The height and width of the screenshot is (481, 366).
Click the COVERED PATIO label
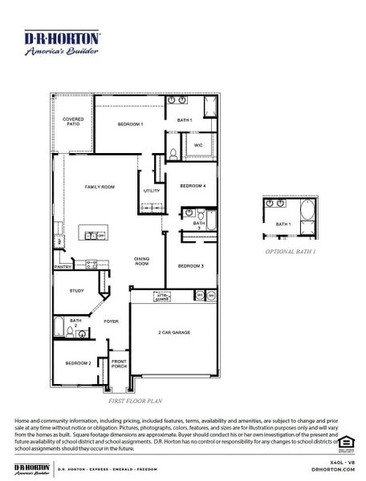click(73, 123)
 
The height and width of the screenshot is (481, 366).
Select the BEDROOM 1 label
click(130, 124)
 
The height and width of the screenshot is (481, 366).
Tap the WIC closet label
click(198, 146)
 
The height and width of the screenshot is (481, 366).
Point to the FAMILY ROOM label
click(100, 187)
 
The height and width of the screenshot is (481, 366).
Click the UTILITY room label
click(152, 191)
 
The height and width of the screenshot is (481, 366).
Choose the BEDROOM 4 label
click(193, 186)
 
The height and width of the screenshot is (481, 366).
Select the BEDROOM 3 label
click(191, 265)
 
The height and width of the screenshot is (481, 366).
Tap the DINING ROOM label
click(141, 261)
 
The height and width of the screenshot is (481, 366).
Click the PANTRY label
click(63, 267)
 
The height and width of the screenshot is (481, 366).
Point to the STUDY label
click(76, 291)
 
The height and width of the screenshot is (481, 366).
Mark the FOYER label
click(111, 321)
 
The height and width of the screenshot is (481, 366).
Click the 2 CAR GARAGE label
click(174, 331)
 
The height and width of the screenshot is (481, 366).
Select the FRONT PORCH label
click(119, 363)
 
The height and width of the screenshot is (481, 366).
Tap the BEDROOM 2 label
click(78, 362)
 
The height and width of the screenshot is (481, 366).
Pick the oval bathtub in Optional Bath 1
click(307, 217)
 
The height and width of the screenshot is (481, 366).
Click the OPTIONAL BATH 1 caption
click(291, 252)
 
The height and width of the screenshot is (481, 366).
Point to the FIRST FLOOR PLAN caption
click(135, 398)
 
